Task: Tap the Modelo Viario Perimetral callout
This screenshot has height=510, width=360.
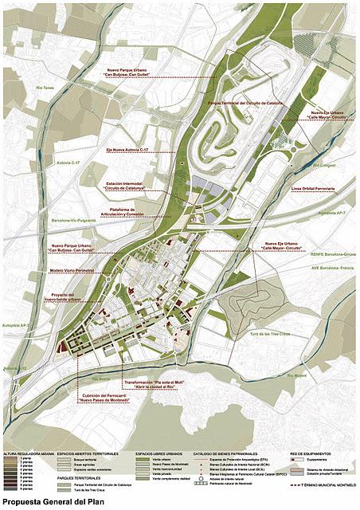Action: point(72,270)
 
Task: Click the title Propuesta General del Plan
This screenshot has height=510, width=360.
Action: point(55,503)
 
